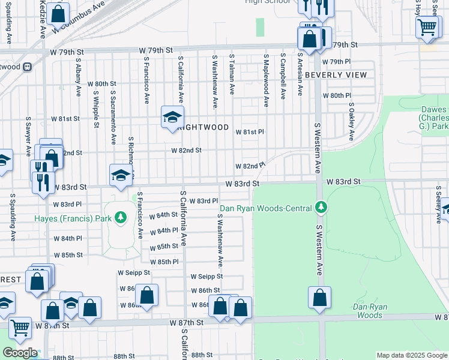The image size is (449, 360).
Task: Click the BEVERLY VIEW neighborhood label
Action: coord(336,75)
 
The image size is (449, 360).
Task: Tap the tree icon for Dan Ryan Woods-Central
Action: coord(321,208)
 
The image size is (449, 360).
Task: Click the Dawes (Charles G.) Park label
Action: coord(433,118)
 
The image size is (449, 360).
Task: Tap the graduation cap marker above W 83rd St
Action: coord(120,175)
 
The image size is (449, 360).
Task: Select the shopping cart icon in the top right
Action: coord(427,26)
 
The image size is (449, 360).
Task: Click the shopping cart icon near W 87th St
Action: coord(20,328)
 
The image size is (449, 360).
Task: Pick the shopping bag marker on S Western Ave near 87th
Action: coord(320,297)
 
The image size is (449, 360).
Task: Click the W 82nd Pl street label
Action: coord(250,166)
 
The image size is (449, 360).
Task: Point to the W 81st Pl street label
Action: coord(249,131)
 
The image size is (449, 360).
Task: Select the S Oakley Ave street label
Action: coord(352,119)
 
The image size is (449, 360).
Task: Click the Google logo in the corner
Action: coord(20,353)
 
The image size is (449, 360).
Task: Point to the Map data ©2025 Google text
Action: coord(411,355)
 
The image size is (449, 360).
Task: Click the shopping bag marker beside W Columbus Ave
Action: coord(58,13)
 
